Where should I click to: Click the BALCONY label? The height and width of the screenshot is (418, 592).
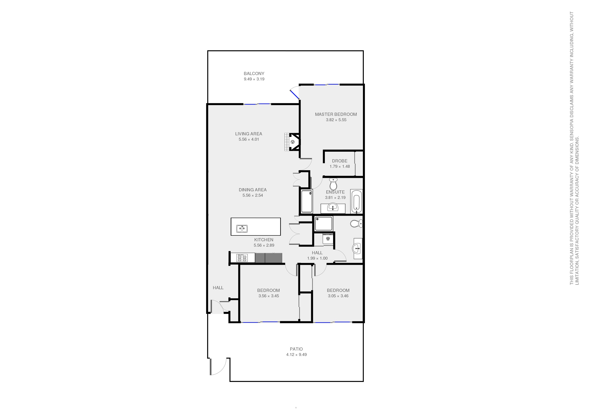click(x=254, y=73)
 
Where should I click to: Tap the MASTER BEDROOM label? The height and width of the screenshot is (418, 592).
click(x=336, y=114)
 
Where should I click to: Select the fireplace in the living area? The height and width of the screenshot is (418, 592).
click(x=293, y=142)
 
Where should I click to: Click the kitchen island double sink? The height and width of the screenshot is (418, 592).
click(x=242, y=228)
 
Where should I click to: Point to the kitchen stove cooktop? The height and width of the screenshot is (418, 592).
click(x=242, y=258)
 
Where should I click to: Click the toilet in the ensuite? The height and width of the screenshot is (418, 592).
click(x=333, y=184)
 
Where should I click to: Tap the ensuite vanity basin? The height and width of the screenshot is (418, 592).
click(x=333, y=207)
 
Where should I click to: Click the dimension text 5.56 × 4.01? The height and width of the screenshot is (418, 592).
click(x=249, y=139)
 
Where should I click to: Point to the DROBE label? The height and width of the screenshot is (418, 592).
click(x=340, y=161)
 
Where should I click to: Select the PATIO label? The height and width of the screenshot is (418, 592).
click(x=296, y=349)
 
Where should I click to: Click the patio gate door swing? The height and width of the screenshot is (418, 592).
click(x=218, y=366)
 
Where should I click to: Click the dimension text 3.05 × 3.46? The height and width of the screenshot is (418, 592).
click(x=338, y=296)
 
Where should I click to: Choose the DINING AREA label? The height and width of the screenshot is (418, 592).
click(x=253, y=190)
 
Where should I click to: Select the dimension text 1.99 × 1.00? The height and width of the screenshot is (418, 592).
click(x=317, y=258)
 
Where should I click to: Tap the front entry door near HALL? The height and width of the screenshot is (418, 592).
click(x=217, y=307)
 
